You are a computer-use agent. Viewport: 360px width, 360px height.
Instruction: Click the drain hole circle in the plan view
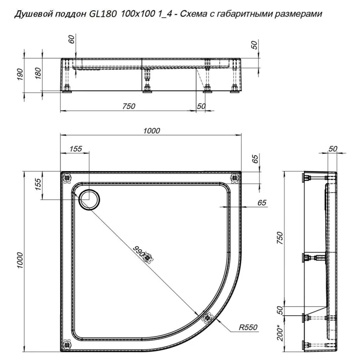click(x=89, y=198)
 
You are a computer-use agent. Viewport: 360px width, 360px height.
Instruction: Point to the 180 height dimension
click(x=38, y=72)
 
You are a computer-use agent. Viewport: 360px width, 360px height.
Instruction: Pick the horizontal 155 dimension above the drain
click(x=76, y=150)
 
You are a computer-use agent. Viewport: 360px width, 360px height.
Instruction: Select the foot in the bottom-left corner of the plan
click(x=67, y=344)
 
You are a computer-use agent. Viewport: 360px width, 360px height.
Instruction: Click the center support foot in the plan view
click(x=150, y=257)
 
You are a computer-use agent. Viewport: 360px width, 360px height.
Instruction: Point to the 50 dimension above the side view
click(x=333, y=148)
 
